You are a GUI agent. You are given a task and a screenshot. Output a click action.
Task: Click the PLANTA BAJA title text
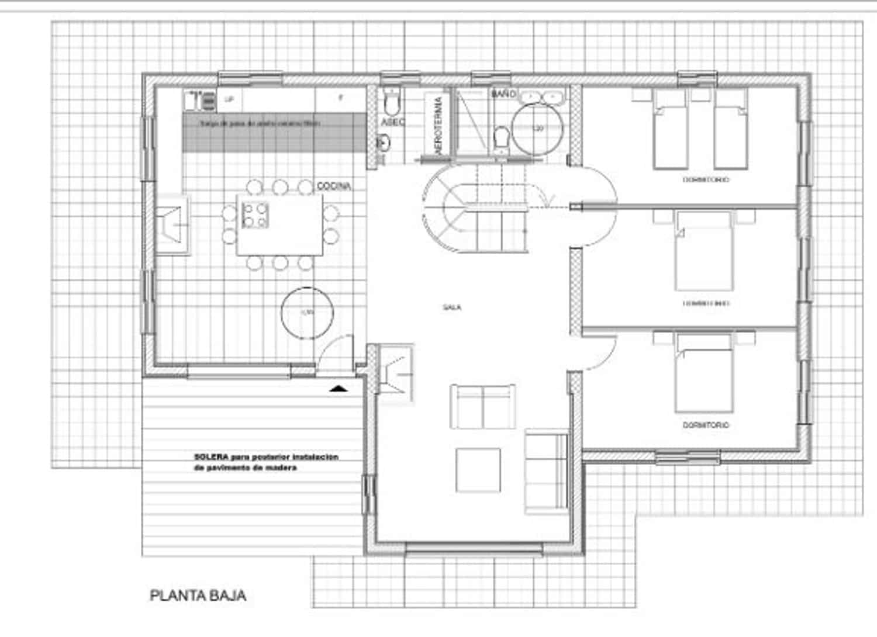tap(198, 596)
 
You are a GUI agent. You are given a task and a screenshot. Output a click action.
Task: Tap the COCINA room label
tap(334, 186)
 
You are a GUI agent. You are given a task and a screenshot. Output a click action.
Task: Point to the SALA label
tap(452, 307)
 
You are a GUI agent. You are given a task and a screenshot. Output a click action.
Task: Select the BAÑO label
tap(503, 94)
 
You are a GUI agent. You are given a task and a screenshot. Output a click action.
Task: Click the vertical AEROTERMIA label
tap(438, 126)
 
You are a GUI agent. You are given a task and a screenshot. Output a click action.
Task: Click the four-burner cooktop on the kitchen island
tap(255, 214)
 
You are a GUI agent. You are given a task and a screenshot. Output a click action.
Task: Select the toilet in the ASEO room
tap(391, 102)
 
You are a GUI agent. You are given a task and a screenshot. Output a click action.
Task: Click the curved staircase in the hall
tap(474, 207)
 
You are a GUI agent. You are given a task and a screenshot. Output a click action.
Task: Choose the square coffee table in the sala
tap(478, 469)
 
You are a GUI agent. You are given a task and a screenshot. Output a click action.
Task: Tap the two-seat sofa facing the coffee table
tap(483, 407)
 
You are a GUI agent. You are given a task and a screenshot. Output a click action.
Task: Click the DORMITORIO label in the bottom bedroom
tap(706, 425)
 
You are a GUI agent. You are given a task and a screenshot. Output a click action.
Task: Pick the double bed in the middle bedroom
tap(704, 251)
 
